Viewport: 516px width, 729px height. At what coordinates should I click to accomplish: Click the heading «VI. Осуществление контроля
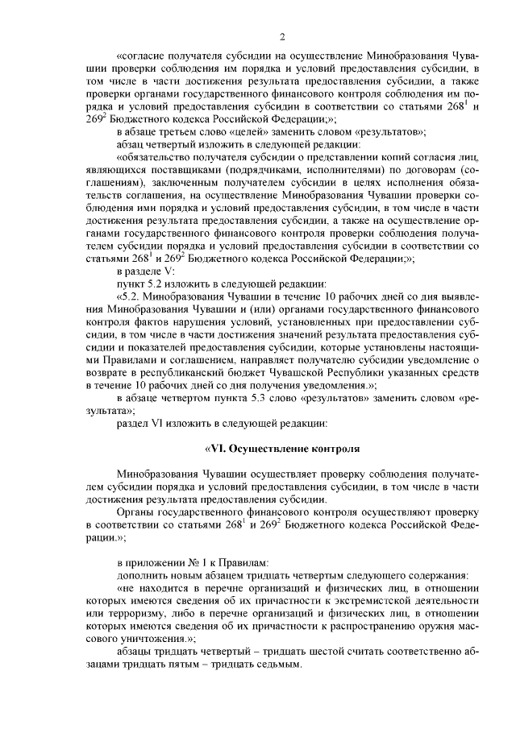point(281,447)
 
